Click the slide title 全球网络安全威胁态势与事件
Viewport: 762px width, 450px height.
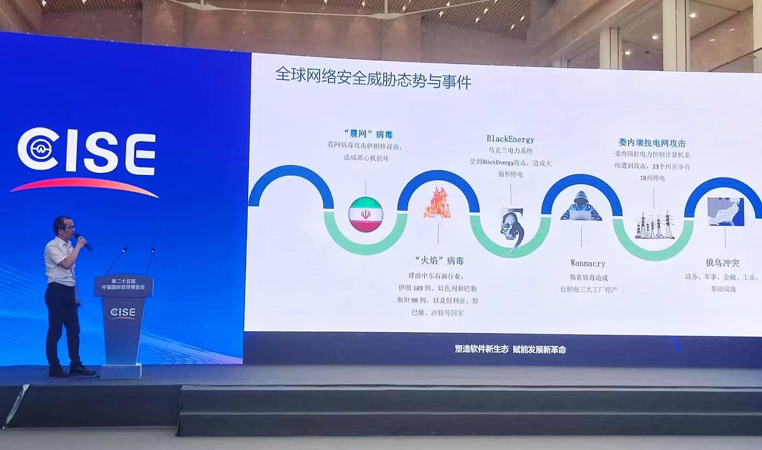coord(373,78)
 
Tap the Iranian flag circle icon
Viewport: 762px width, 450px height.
coord(366,214)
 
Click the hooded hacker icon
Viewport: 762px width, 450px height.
coord(581,206)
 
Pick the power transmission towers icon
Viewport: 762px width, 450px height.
coord(654,225)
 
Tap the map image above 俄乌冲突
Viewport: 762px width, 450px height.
coord(726,211)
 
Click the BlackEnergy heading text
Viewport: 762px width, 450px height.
coord(510,139)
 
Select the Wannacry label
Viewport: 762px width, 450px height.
coord(588,263)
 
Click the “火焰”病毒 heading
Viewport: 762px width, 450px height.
coord(439,261)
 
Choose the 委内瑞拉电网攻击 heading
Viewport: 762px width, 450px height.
coord(652,143)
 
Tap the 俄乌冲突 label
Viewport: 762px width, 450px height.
coord(722,263)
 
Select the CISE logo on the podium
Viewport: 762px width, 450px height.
coord(123,312)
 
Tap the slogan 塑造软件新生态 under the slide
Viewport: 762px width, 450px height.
coord(481,349)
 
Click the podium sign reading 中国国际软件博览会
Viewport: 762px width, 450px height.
coord(123,287)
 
